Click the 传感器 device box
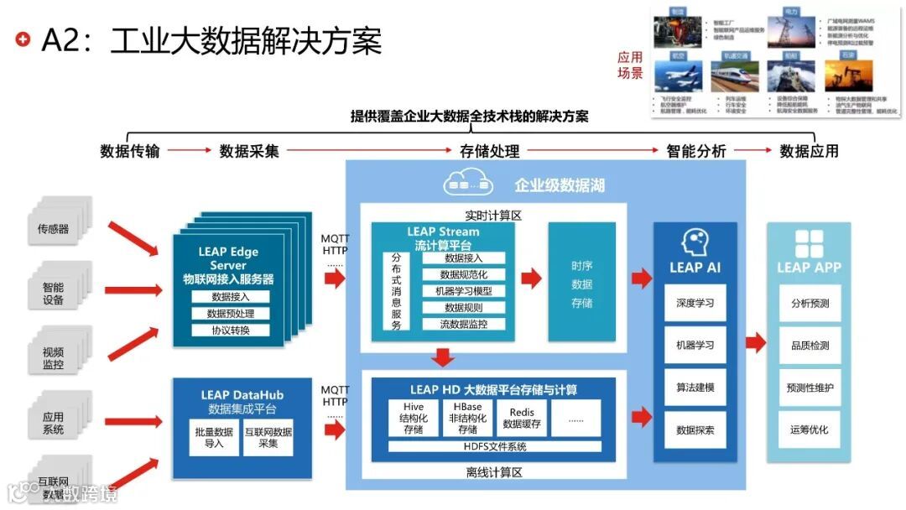[x=54, y=228]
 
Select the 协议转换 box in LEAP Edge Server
[x=230, y=330]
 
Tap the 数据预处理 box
[x=230, y=313]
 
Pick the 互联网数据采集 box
[x=267, y=438]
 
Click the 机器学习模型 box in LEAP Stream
[x=463, y=291]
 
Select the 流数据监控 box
[x=463, y=323]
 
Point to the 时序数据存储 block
[x=581, y=283]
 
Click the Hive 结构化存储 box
[x=408, y=418]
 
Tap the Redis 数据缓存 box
[x=521, y=418]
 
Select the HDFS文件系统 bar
[x=494, y=445]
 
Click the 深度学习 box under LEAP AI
[x=695, y=303]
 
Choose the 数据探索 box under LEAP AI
[x=695, y=430]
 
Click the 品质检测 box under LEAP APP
[x=809, y=345]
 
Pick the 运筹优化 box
[x=809, y=429]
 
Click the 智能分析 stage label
[x=695, y=152]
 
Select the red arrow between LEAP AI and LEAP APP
[x=754, y=342]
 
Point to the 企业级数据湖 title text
[x=560, y=185]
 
